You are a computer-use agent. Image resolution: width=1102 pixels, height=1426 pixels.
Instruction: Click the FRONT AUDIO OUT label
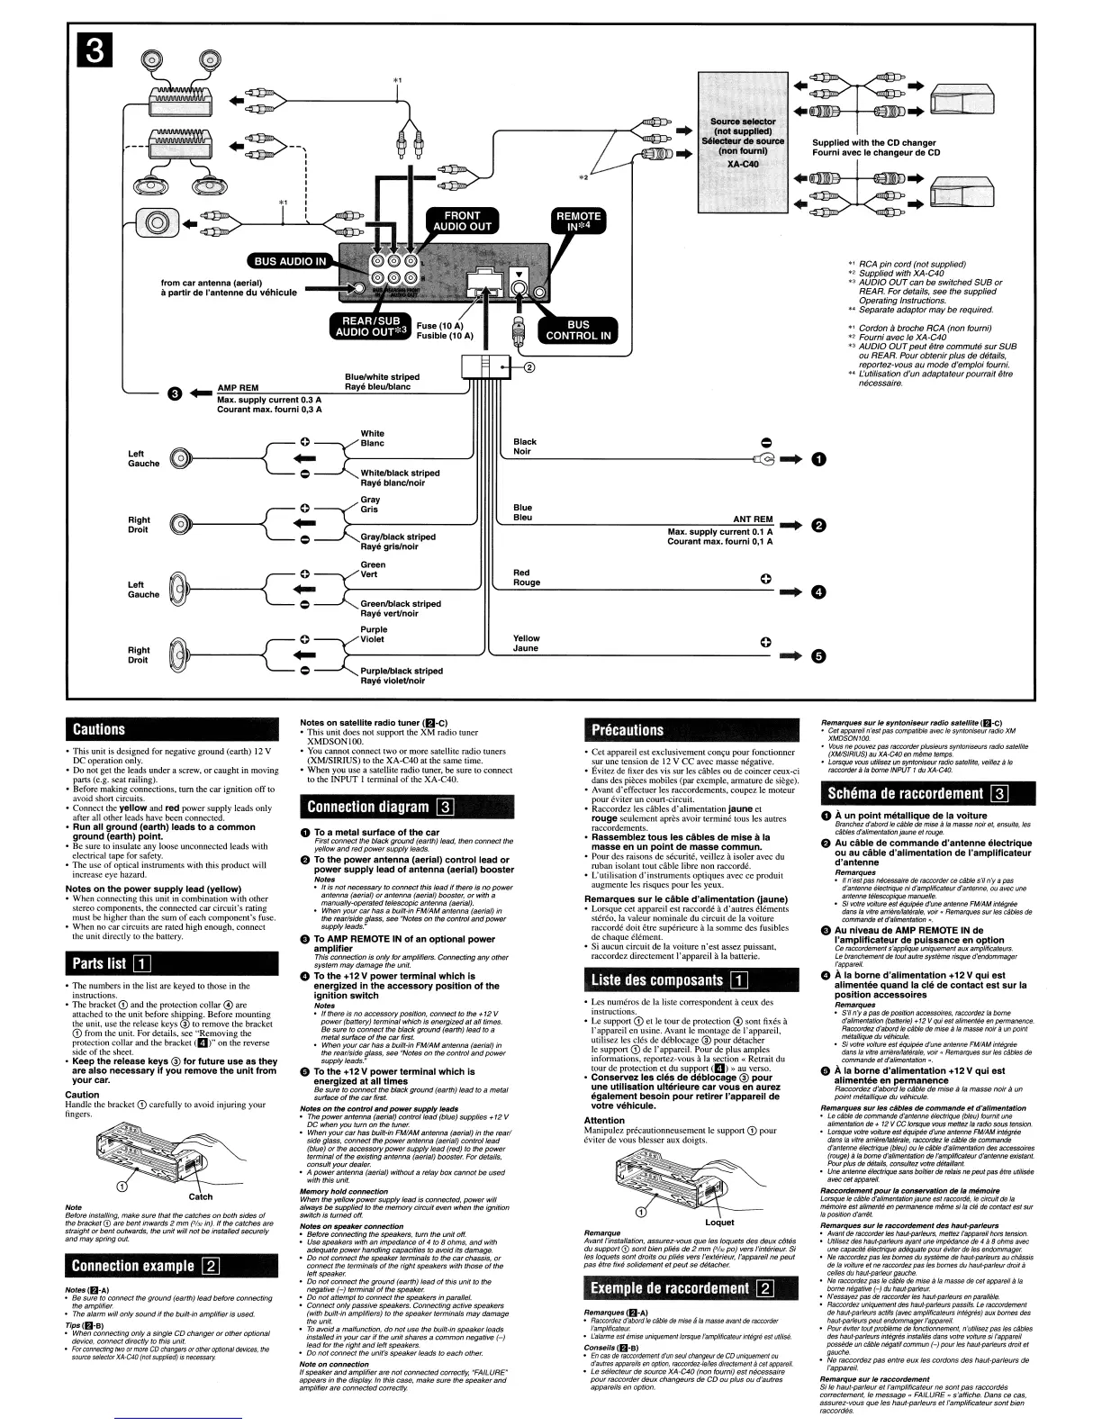coord(463,221)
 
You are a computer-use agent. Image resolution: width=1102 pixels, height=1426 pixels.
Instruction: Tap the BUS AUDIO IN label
coord(291,261)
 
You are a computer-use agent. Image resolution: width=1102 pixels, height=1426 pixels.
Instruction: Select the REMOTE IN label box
coord(578,221)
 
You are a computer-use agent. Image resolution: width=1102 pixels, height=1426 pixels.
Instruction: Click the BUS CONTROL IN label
coord(578,330)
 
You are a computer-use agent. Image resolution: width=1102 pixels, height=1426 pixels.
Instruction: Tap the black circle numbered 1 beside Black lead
coord(817,460)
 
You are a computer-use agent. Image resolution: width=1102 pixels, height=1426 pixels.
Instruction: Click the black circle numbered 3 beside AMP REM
coord(175,393)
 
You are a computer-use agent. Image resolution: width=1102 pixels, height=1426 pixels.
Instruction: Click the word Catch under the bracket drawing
coord(200,1196)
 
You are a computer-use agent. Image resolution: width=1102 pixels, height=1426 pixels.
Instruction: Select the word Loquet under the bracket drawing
coord(718,1223)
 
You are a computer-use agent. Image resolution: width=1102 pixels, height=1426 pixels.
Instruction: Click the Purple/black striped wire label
coord(402,671)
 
